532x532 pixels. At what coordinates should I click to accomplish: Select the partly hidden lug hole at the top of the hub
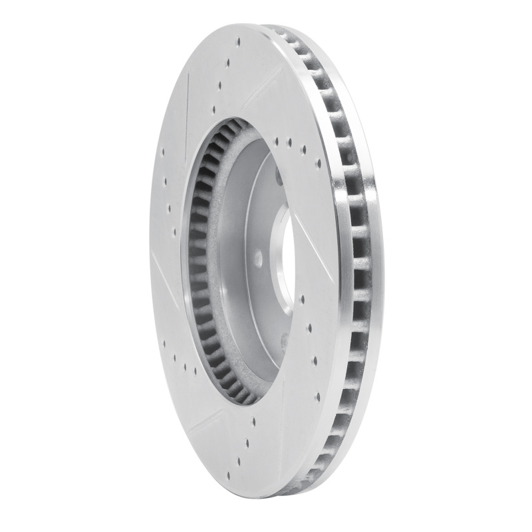pyautogui.click(x=279, y=176)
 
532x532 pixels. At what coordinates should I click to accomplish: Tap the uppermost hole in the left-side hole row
pyautogui.click(x=162, y=152)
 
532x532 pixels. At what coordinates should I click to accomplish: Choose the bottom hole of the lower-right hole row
pyautogui.click(x=317, y=398)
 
